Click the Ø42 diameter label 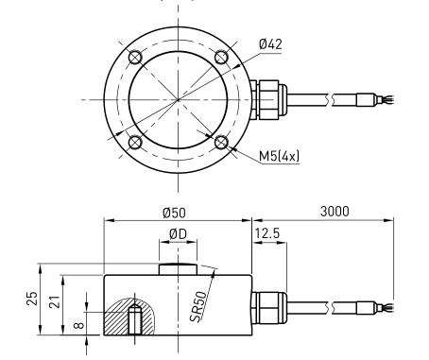point(270,44)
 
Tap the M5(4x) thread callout point(279,156)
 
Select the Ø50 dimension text point(174,213)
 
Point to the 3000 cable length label point(335,212)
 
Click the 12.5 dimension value point(267,233)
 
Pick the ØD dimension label point(178,233)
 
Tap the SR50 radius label point(199,306)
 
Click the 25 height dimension point(32,299)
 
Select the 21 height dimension point(55,301)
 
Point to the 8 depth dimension point(79,325)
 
